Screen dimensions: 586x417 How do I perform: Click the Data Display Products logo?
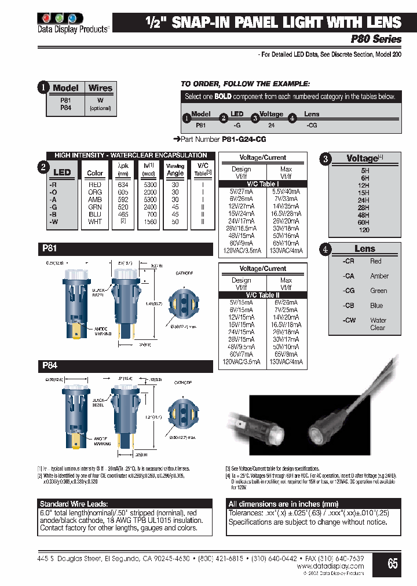[x=73, y=21]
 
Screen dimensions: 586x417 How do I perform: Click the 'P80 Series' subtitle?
[x=376, y=39]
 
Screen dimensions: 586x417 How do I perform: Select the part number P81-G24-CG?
[x=244, y=140]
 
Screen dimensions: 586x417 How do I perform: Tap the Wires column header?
[x=100, y=88]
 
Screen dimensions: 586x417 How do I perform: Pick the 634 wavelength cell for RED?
[x=123, y=185]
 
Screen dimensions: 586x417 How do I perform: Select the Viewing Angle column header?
[x=175, y=169]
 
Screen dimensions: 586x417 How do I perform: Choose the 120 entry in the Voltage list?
[x=365, y=230]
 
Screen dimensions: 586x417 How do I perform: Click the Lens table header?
[x=365, y=248]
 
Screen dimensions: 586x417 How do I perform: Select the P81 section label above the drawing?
[x=49, y=247]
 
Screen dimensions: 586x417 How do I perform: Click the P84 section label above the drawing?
[x=49, y=365]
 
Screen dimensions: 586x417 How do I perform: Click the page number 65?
[x=393, y=563]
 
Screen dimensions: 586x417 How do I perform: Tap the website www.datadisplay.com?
[x=330, y=566]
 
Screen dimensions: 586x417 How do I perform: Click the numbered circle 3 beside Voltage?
[x=326, y=159]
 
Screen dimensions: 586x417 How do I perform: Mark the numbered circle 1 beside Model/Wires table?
[x=43, y=88]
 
